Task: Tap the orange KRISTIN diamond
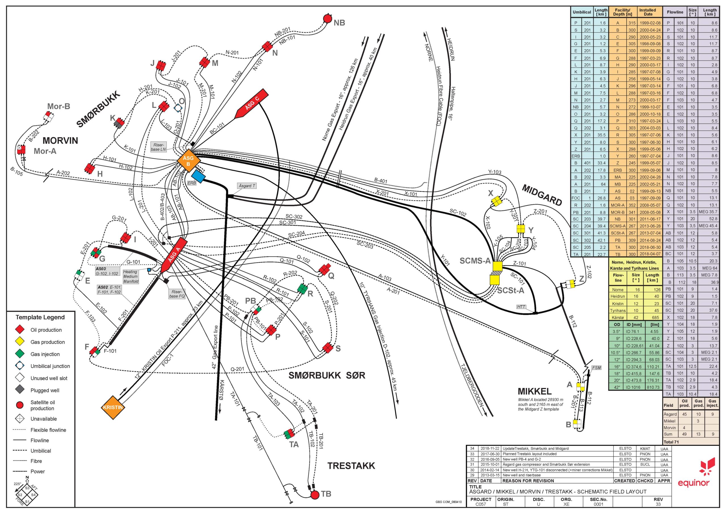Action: click(x=113, y=407)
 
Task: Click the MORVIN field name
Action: click(x=60, y=141)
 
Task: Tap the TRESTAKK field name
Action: click(x=351, y=466)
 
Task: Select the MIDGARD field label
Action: click(x=542, y=195)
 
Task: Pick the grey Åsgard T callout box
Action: click(x=247, y=186)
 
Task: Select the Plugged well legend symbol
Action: click(x=20, y=390)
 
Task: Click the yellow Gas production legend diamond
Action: click(x=20, y=342)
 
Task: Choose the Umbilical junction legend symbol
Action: click(x=20, y=366)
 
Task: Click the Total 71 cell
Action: click(x=671, y=442)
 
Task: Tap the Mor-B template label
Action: click(x=58, y=106)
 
